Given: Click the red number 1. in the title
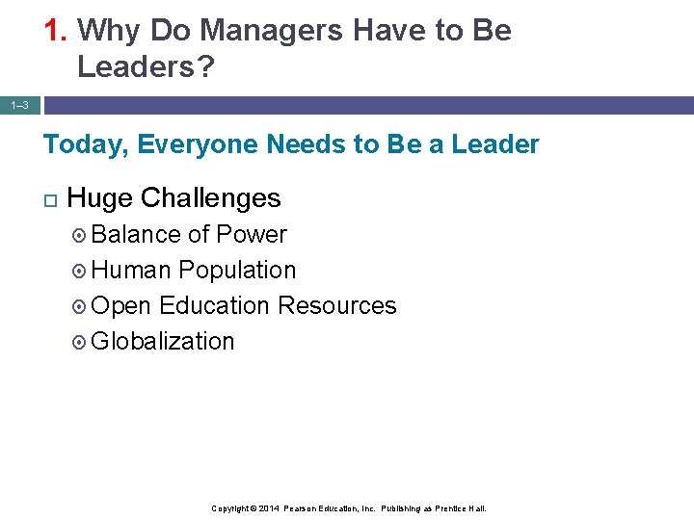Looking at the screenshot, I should [x=56, y=31].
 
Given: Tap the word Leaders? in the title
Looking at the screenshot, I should [x=147, y=66].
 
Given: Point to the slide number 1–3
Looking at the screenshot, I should [x=20, y=105].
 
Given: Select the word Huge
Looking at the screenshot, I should [x=100, y=198].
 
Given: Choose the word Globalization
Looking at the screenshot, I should [x=163, y=342].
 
